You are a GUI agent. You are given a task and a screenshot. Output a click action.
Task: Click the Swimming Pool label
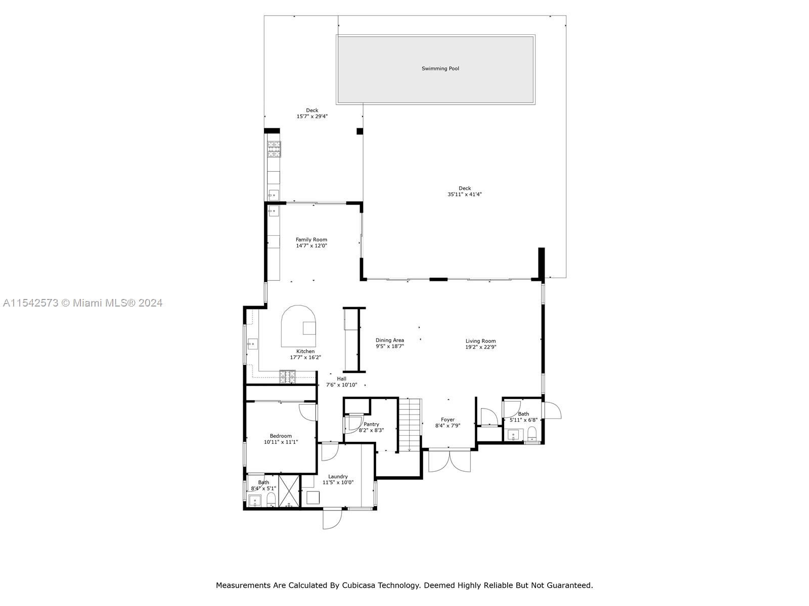click(x=440, y=69)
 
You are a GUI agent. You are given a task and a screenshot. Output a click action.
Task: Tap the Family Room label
click(x=311, y=240)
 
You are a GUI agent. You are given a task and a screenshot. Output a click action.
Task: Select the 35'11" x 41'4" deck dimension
click(x=464, y=194)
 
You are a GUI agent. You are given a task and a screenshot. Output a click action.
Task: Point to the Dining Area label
click(x=389, y=340)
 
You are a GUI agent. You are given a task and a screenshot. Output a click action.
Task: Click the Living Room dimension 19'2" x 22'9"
click(x=480, y=347)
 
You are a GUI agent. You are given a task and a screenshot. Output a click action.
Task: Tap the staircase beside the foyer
click(x=410, y=424)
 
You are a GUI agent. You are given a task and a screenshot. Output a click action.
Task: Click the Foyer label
click(x=447, y=420)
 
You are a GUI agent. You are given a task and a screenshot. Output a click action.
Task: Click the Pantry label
click(x=371, y=424)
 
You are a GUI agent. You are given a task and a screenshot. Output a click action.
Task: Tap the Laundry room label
click(x=338, y=476)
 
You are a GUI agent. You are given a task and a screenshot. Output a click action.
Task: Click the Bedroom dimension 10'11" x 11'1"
click(x=281, y=442)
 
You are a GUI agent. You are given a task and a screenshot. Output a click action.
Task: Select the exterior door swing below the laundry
click(x=331, y=519)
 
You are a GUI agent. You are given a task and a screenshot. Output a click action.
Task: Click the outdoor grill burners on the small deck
click(x=274, y=148)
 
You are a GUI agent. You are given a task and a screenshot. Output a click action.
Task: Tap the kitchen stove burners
click(x=287, y=376)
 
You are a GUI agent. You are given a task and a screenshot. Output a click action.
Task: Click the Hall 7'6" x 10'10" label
click(x=342, y=382)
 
